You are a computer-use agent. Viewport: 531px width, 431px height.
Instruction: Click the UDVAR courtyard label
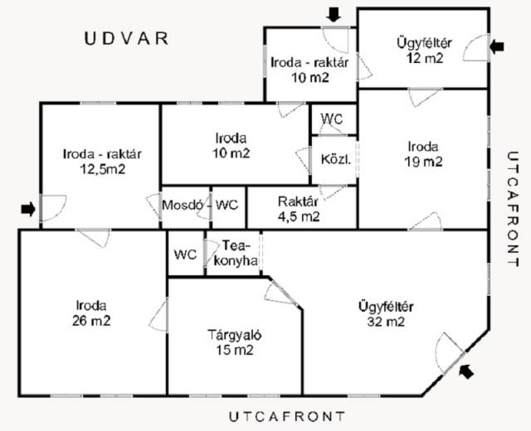click(126, 39)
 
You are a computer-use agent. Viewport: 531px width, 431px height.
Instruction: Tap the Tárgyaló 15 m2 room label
click(234, 342)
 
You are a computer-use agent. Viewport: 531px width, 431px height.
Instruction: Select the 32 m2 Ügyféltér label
click(386, 314)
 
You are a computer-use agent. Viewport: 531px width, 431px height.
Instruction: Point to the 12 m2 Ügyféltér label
click(424, 51)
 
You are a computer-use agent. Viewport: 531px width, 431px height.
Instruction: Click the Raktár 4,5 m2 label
click(299, 209)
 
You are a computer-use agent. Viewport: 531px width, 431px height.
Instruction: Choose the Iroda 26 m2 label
click(91, 313)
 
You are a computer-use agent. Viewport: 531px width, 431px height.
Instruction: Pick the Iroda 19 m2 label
click(423, 154)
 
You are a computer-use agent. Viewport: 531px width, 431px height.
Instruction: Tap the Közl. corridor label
click(335, 159)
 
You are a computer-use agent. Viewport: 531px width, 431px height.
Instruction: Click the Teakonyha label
click(236, 253)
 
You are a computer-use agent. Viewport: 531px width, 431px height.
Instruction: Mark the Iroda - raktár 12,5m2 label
click(102, 162)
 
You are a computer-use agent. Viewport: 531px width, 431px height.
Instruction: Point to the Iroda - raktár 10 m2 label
click(309, 70)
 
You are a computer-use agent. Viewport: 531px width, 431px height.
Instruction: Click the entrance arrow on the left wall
click(28, 209)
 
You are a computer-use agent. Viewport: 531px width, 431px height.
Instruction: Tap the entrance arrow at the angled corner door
click(466, 371)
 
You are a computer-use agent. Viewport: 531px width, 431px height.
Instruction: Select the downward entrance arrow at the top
click(334, 15)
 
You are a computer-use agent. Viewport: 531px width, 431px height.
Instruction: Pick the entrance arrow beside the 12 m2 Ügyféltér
click(497, 46)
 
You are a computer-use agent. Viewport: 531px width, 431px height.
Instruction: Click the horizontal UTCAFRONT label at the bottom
click(287, 416)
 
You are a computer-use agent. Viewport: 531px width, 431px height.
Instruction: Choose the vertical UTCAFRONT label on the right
click(513, 209)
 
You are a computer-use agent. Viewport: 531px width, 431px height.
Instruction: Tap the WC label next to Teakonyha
click(185, 254)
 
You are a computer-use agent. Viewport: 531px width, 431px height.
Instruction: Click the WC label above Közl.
click(332, 119)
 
